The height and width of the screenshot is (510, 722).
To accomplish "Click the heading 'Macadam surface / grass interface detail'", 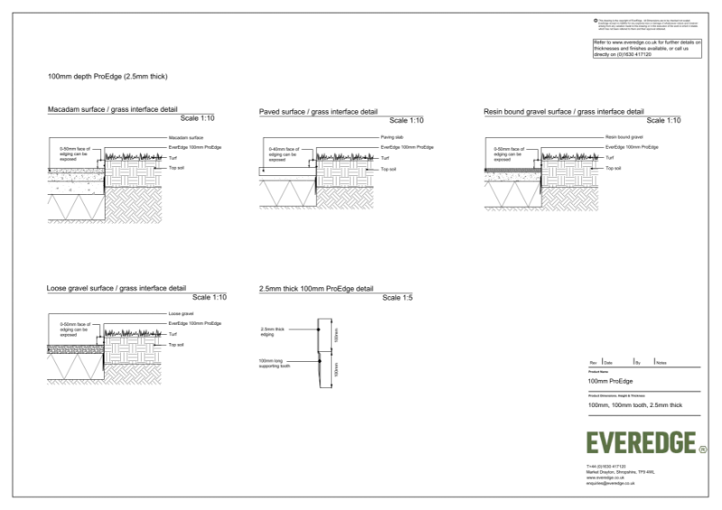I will point(112,109).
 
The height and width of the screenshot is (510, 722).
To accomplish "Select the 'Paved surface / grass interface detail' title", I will point(318,111).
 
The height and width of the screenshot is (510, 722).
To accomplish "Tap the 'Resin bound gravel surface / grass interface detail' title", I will point(564,111).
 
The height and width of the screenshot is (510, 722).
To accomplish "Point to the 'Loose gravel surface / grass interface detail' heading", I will point(116,288).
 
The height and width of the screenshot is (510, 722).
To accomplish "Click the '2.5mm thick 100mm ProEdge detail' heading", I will point(316,289).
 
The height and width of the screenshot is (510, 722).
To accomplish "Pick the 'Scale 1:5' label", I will point(397,298).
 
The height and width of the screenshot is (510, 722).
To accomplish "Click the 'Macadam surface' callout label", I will point(185,137).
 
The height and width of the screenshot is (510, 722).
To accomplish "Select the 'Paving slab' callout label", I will point(391,137).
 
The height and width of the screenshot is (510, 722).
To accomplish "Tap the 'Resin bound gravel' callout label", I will point(624,137).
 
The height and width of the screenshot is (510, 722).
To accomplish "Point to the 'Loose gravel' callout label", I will point(181,314).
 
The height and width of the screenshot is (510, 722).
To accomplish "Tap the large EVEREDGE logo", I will point(641,442).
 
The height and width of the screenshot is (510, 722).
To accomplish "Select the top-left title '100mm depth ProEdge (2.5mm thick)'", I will point(107,76).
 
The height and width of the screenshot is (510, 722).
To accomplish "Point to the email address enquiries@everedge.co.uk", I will point(611,484).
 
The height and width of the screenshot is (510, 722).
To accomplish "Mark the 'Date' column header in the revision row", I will point(609,362).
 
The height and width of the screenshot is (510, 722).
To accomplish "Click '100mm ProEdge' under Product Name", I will point(610,381).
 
